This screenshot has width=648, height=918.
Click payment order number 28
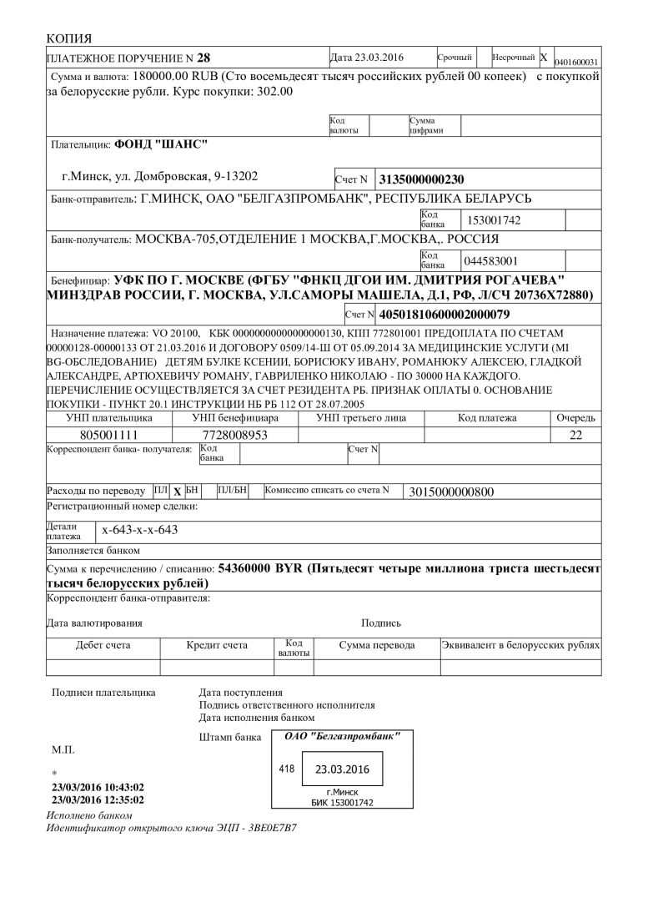(203, 58)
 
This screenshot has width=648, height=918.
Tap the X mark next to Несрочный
(544, 58)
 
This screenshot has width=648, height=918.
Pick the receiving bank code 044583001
(492, 260)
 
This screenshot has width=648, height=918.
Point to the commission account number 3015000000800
(452, 491)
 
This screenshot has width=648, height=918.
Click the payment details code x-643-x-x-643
(140, 529)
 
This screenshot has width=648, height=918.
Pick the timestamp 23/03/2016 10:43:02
(98, 787)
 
